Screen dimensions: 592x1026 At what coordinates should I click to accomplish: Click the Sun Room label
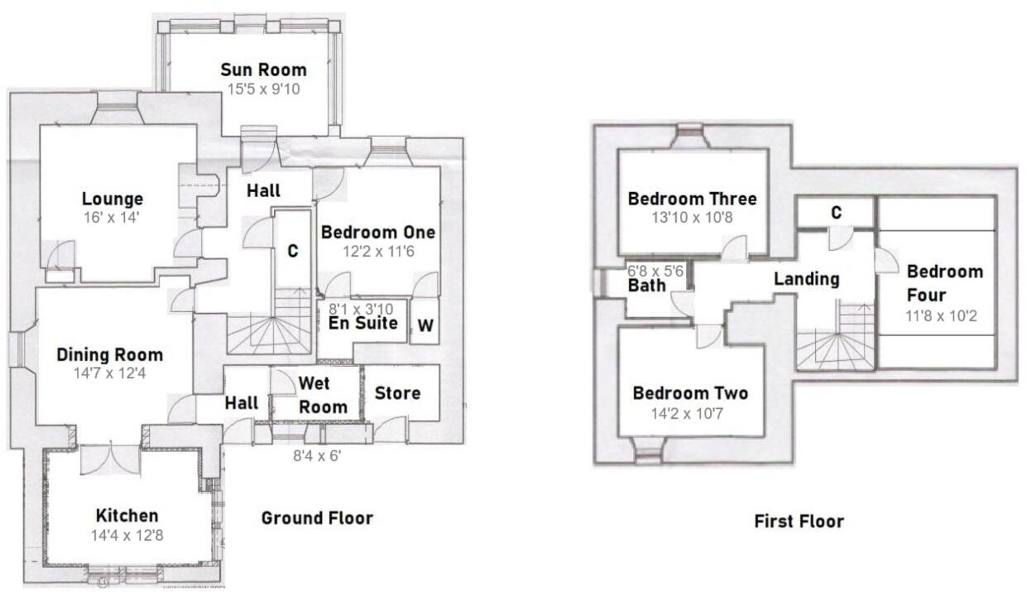click(x=263, y=70)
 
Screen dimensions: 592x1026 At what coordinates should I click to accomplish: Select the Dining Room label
click(x=109, y=354)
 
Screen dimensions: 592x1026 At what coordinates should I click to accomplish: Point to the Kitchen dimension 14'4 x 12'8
click(x=127, y=535)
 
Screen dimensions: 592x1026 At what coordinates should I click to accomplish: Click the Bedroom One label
click(x=377, y=232)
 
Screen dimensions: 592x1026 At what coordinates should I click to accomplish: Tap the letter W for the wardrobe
click(x=424, y=326)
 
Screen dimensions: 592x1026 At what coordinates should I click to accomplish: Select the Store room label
click(x=398, y=392)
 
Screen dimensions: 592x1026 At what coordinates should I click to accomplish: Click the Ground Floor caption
click(x=317, y=518)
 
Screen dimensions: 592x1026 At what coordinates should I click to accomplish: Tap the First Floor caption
click(x=798, y=522)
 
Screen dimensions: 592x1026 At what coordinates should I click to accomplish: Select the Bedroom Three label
click(x=692, y=199)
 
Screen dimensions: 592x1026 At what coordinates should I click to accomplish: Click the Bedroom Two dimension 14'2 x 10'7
click(x=690, y=413)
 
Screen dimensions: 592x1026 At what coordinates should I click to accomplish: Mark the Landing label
click(x=806, y=279)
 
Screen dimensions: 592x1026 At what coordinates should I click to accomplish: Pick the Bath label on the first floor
click(x=646, y=286)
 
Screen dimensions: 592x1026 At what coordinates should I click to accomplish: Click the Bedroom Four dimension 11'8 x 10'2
click(x=944, y=315)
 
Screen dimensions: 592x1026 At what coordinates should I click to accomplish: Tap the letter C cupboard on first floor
click(x=836, y=213)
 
